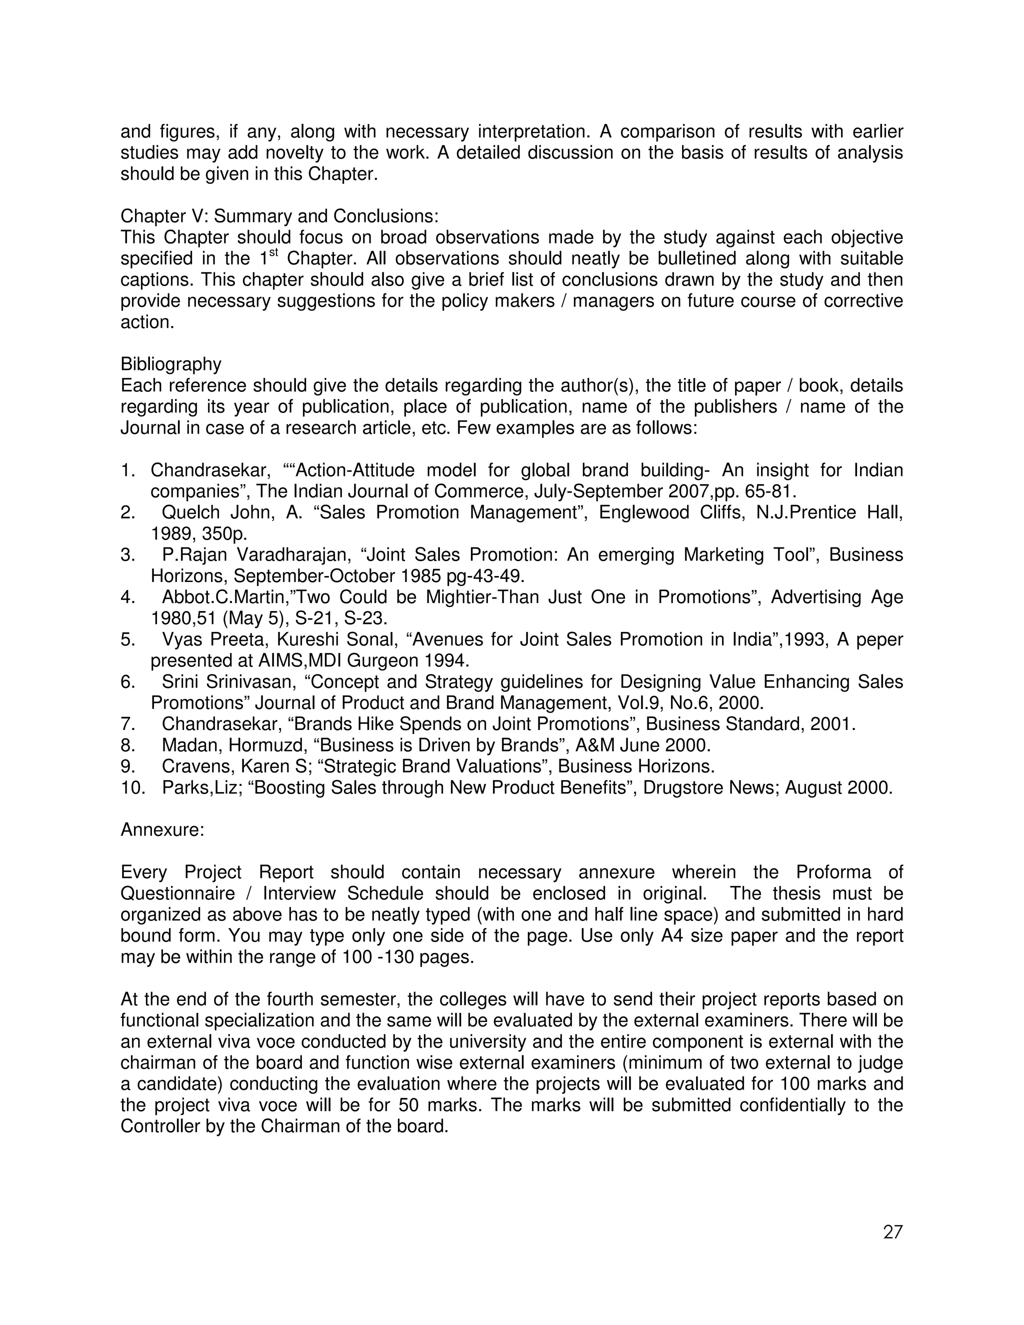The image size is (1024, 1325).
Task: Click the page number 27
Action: (893, 1232)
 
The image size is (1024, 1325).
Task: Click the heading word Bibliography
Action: (171, 364)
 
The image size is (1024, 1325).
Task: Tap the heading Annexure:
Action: (162, 829)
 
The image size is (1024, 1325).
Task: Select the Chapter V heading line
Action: (279, 216)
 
